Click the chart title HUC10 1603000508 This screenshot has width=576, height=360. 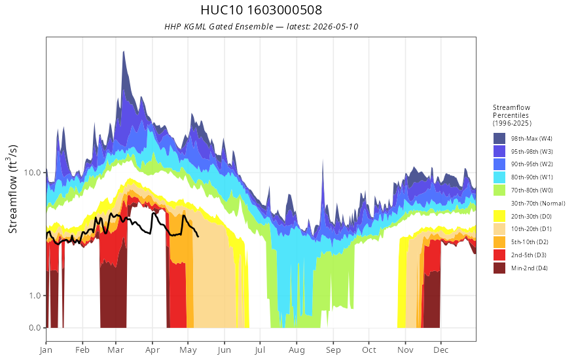point(261,10)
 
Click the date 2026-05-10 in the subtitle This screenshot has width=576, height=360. point(335,27)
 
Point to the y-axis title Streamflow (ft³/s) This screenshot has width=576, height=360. point(12,189)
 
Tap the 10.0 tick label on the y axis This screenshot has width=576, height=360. point(32,172)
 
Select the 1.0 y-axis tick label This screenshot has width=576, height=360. point(35,296)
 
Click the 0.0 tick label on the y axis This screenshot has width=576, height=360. point(35,328)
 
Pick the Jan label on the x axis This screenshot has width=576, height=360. point(46,350)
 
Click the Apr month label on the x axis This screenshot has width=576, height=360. point(152,350)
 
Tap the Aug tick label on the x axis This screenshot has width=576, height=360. point(297,350)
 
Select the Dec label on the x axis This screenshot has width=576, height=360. point(441,350)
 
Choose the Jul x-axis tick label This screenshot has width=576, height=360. point(260,350)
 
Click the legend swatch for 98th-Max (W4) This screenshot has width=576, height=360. point(499,139)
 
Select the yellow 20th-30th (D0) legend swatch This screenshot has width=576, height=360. point(499,216)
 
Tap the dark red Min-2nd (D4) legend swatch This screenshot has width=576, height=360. point(499,268)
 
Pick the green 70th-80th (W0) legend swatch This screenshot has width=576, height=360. point(499,190)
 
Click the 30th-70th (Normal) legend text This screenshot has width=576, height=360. point(538,203)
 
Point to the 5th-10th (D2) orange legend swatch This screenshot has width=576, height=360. point(499,242)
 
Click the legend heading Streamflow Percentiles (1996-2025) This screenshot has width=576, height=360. point(512,115)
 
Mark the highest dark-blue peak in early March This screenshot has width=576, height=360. point(124,52)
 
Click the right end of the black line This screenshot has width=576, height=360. point(198,236)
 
